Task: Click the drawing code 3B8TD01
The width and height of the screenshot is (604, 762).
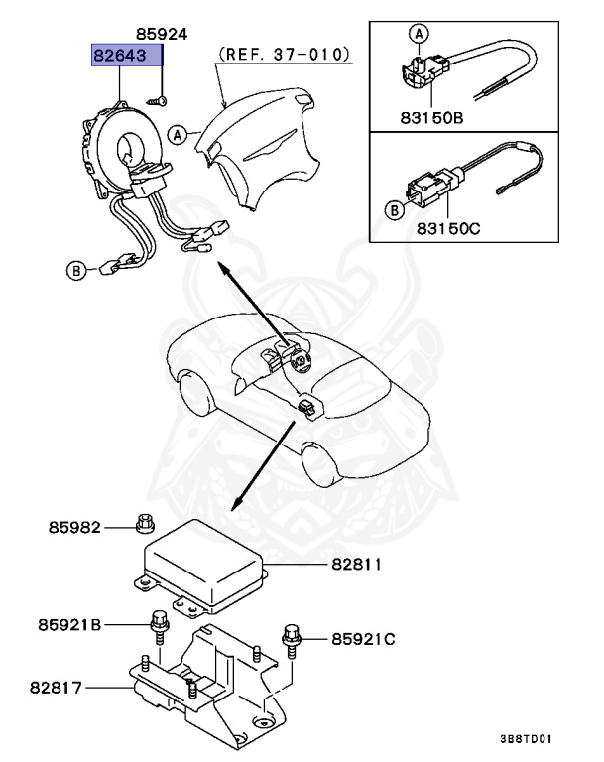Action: point(527,739)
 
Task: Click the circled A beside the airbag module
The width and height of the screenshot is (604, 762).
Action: point(178,132)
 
